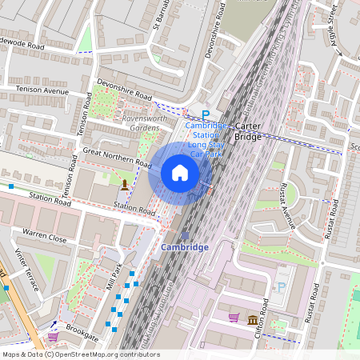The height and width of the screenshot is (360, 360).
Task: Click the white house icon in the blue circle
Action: coord(180,173)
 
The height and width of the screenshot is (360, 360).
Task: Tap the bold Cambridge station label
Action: coord(185,247)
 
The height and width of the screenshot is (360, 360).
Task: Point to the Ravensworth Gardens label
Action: coord(135,123)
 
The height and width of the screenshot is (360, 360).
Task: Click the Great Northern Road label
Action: coord(117,158)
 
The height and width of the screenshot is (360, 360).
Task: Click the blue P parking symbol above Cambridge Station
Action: coord(205,115)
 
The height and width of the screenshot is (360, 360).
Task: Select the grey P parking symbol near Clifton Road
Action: coord(281,288)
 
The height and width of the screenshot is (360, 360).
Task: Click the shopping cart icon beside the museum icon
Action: coord(234,318)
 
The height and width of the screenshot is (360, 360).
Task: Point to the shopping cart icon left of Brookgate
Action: coord(52,337)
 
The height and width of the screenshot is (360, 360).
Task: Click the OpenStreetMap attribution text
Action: coord(81,354)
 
